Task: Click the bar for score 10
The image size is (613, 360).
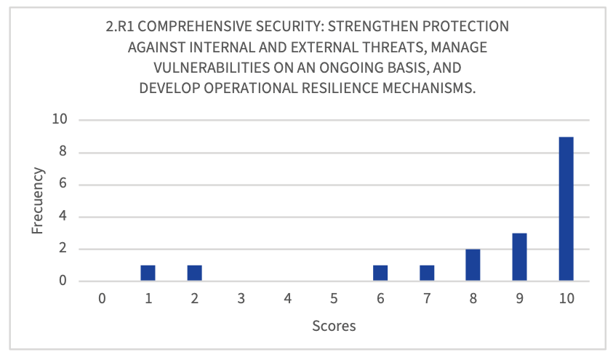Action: pos(566,209)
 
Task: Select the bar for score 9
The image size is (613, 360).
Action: pos(519,257)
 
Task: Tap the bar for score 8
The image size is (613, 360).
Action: pos(473,265)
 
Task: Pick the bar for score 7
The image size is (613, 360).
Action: pos(427,273)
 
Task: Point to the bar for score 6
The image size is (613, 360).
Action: pos(380,273)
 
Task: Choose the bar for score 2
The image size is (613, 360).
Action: pos(194,273)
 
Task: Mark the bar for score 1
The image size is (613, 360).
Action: pos(148,273)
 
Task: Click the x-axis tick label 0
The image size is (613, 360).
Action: pos(102,298)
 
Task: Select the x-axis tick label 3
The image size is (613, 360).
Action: pos(241,298)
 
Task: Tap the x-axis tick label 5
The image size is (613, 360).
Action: pos(334,298)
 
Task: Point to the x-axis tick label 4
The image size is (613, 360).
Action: pos(287,298)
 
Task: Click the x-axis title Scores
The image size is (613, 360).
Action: pos(334,326)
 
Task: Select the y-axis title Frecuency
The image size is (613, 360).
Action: pos(39,201)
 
